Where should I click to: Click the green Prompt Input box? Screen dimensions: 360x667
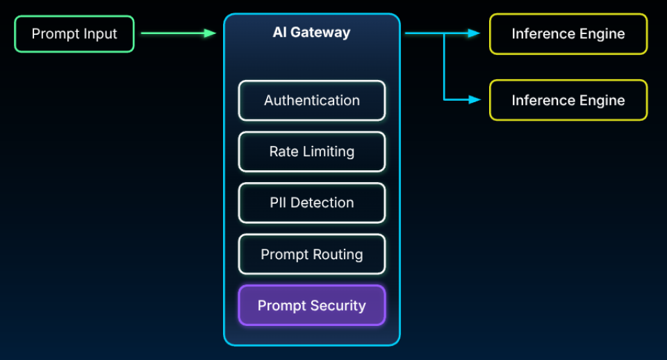click(x=74, y=33)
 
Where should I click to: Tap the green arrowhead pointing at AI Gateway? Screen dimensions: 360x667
click(x=210, y=33)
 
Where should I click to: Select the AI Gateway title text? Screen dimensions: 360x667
click(x=311, y=33)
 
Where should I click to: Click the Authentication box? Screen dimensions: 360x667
click(x=312, y=101)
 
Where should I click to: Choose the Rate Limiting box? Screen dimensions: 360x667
click(x=312, y=152)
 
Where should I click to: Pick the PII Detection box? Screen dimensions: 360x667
click(x=312, y=203)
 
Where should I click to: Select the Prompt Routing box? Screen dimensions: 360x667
click(x=312, y=254)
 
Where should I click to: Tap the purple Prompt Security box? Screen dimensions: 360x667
click(x=312, y=306)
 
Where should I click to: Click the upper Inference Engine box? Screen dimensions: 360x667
click(x=568, y=33)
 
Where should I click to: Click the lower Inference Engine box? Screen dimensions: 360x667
click(x=568, y=100)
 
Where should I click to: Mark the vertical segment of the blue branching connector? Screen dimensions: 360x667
click(x=445, y=67)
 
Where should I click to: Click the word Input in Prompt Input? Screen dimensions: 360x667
click(x=99, y=33)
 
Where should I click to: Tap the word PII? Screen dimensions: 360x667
click(x=279, y=203)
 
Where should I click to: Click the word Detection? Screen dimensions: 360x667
click(x=322, y=203)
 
